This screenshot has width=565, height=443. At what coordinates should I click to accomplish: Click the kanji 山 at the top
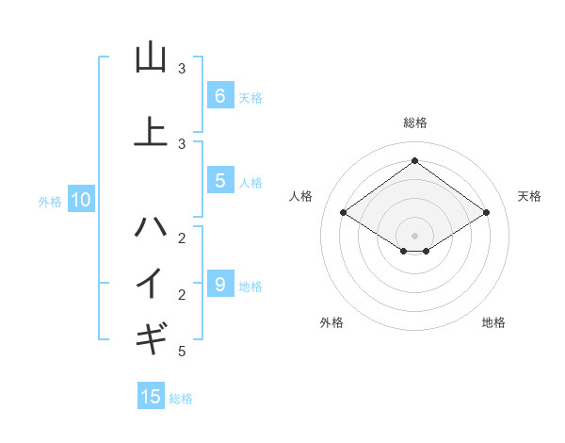coord(151,57)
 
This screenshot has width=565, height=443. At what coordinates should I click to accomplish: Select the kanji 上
coord(151,131)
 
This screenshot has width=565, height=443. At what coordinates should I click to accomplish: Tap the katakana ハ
coord(151,227)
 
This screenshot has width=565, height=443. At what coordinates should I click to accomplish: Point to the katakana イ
coord(151,282)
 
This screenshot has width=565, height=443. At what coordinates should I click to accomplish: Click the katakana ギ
coord(151,336)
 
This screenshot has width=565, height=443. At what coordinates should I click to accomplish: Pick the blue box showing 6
coord(219,95)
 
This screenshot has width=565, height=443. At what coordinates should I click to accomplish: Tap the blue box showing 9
coord(219,284)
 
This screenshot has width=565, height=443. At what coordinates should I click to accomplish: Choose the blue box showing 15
coord(151,397)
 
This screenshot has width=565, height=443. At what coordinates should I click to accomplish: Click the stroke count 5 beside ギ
coord(182,352)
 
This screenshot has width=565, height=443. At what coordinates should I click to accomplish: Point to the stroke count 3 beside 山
coord(182,69)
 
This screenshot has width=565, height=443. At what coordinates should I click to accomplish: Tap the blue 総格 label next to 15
coord(181,399)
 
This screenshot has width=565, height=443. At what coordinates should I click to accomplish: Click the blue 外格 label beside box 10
coord(50,201)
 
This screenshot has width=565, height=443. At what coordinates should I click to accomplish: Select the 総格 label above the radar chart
coord(414,123)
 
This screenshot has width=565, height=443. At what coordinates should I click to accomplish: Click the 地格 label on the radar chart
coord(493,322)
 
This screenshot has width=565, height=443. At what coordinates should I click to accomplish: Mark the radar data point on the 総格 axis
coord(414,161)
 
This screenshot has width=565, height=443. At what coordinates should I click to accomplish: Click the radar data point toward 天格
coord(486,213)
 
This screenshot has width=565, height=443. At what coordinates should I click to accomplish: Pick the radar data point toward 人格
coord(343,213)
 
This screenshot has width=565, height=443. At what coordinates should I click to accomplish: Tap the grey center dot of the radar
coord(414,235)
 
